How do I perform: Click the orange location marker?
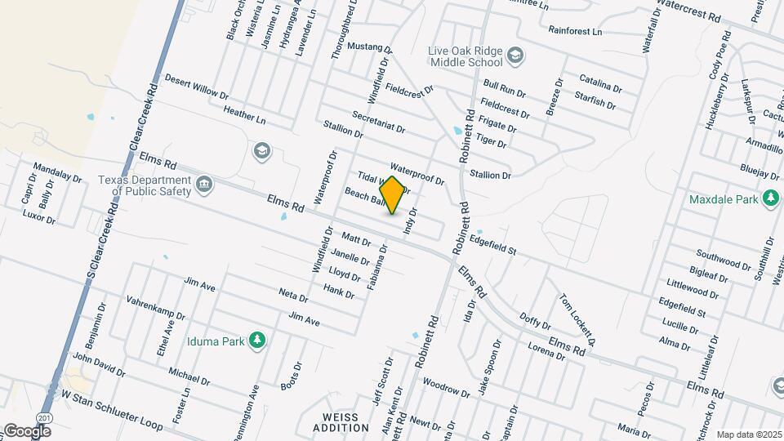click(393, 195)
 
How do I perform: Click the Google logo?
click(27, 430)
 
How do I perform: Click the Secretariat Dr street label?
click(378, 123)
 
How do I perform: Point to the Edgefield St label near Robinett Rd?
click(493, 245)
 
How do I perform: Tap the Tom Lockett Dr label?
click(577, 319)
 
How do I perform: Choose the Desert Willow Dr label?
click(197, 87)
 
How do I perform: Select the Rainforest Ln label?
click(575, 31)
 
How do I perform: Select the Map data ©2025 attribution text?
click(748, 434)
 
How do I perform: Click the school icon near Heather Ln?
click(261, 150)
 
